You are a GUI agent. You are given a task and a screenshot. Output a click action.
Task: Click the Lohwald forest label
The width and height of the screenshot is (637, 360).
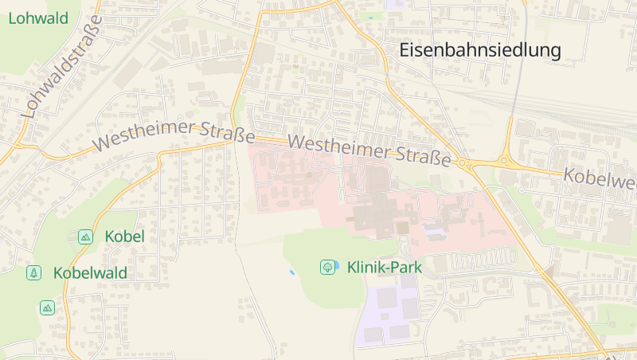click(x=37, y=18)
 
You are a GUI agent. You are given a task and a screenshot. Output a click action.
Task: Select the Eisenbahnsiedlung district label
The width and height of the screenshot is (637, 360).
click(x=479, y=51)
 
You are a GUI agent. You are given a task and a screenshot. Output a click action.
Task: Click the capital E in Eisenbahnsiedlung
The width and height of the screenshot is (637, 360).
click(x=404, y=51)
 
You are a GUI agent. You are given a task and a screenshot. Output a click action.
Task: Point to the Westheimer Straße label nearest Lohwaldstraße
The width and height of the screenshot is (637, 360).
click(x=173, y=134)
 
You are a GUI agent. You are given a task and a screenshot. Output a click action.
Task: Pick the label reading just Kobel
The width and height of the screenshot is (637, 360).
click(x=124, y=237)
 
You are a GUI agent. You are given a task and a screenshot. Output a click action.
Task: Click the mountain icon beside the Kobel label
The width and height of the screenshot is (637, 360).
click(x=85, y=237)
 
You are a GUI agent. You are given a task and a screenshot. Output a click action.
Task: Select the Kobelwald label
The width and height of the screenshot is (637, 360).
click(x=90, y=273)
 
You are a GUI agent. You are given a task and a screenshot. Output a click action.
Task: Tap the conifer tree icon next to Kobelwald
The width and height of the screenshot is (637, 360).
click(x=33, y=273)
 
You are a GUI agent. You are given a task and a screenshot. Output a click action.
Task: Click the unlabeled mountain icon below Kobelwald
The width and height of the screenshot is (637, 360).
click(x=48, y=307)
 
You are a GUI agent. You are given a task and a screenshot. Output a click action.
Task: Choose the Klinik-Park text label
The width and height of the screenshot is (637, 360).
click(x=385, y=268)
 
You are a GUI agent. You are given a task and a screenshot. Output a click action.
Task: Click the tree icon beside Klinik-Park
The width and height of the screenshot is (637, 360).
click(x=327, y=268)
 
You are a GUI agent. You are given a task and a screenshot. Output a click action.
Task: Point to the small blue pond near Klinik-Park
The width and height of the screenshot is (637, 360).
click(x=292, y=272)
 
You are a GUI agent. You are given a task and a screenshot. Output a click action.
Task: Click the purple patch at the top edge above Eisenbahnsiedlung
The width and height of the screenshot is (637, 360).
click(x=396, y=4)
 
